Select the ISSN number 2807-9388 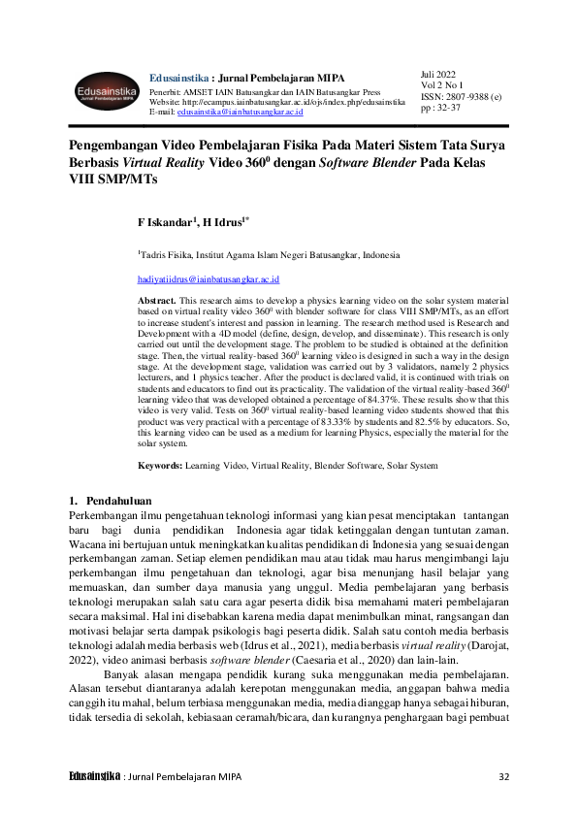(467, 97)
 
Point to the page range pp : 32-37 (441, 109)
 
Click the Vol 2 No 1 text (443, 85)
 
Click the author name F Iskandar (165, 222)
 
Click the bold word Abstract (157, 303)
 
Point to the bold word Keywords (160, 466)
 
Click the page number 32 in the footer (502, 777)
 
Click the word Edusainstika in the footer (94, 777)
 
